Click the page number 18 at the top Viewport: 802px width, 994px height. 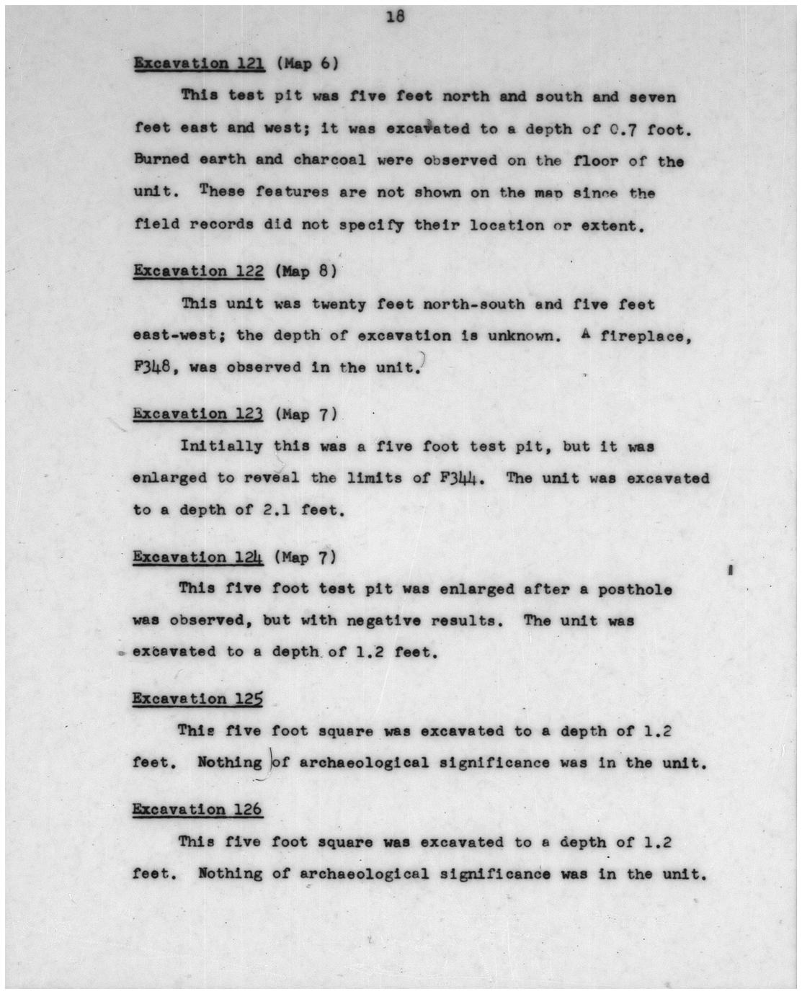[395, 19]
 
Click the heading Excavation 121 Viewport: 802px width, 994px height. [197, 63]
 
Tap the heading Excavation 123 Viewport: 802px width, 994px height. [197, 414]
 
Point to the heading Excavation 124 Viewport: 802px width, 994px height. [197, 557]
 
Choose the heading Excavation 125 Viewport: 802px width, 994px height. [197, 699]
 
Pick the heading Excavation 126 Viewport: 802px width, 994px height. [197, 810]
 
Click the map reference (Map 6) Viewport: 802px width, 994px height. [306, 63]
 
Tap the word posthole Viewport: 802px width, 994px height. [635, 590]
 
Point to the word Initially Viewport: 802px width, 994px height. [221, 447]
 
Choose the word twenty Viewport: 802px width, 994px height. [339, 304]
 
